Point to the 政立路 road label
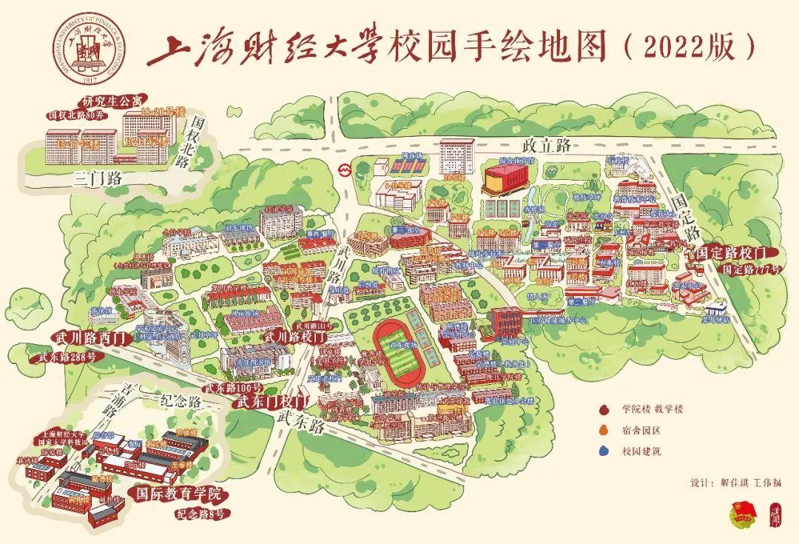545,146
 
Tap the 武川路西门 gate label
92,339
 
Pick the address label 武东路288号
68,358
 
